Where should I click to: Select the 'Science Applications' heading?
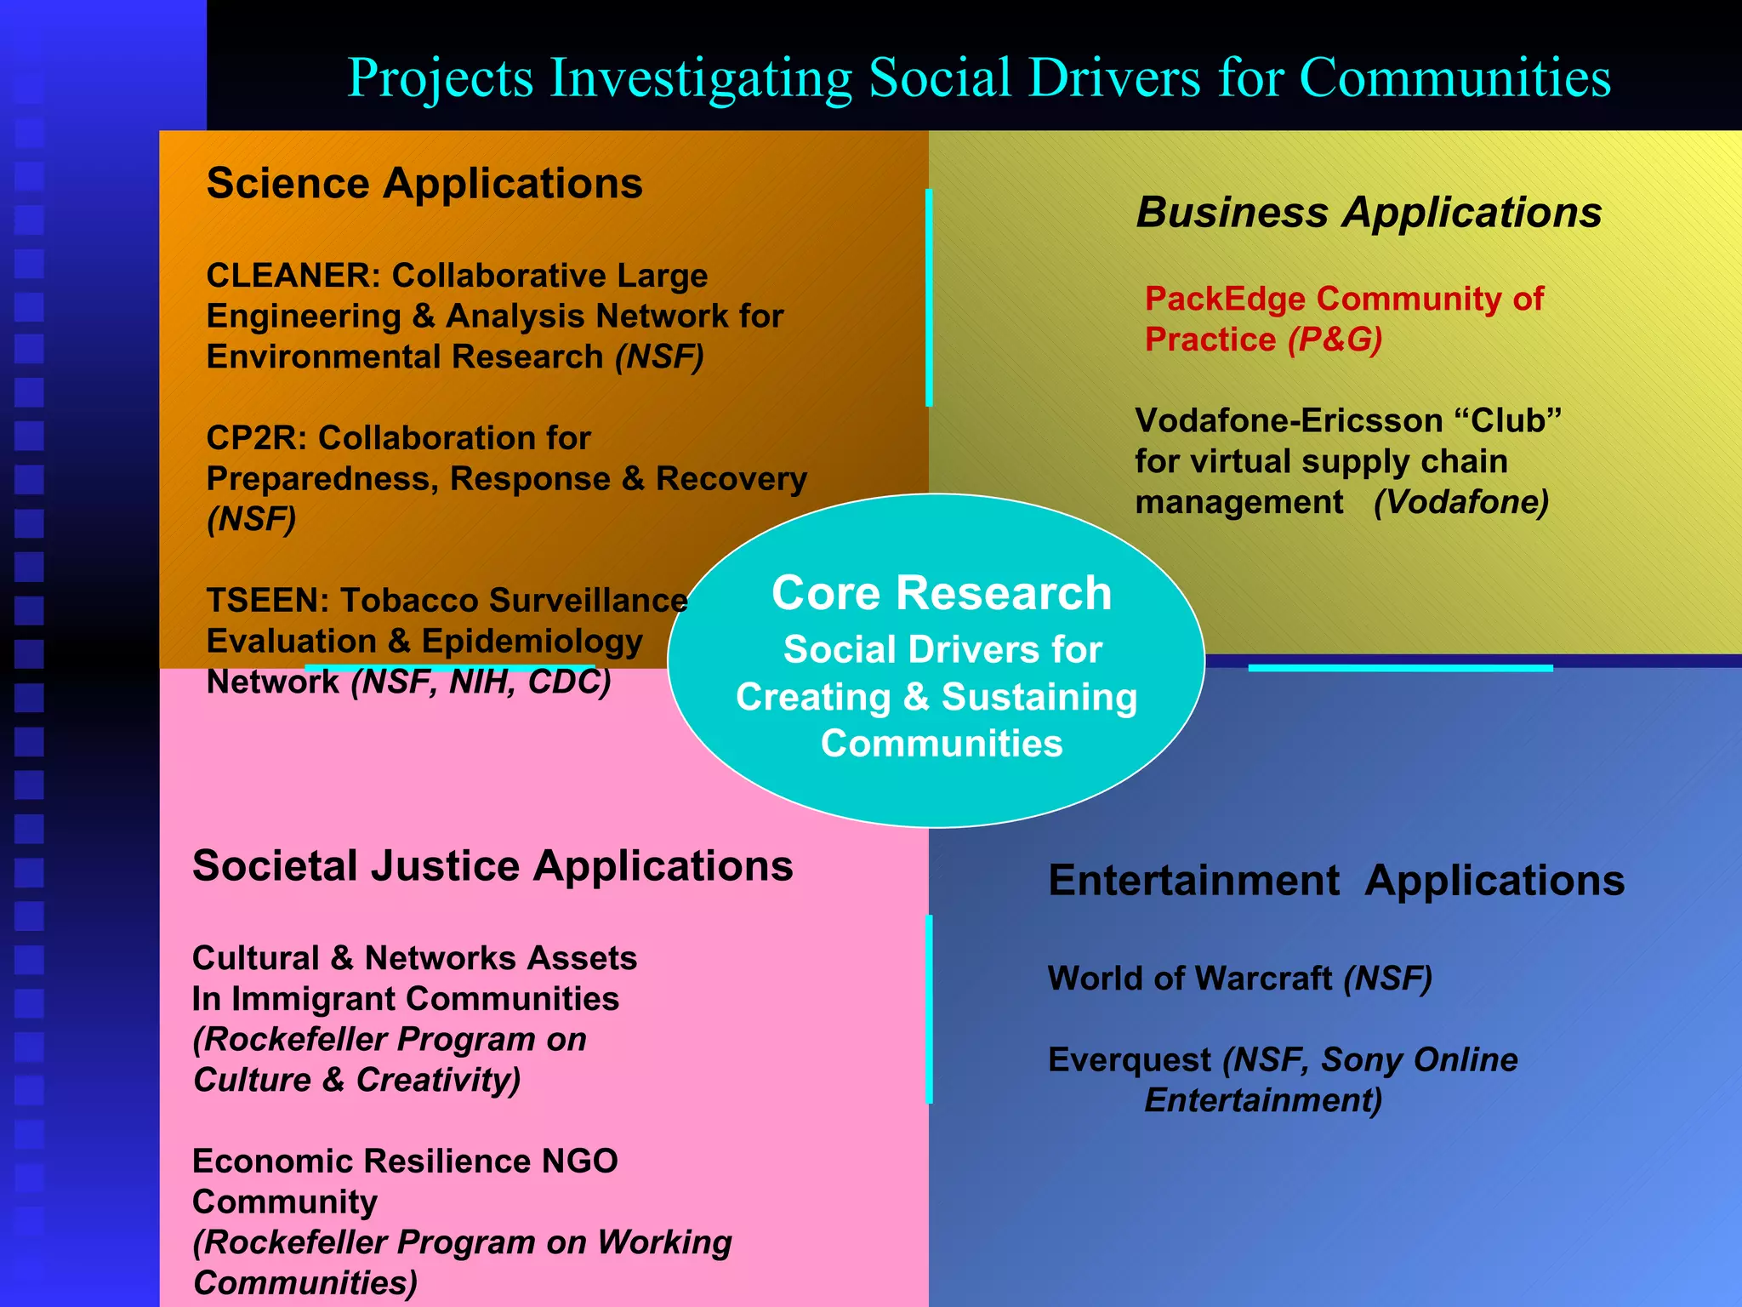coord(424,184)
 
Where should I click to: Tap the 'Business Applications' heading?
coord(1369,213)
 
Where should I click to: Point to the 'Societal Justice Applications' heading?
coord(492,866)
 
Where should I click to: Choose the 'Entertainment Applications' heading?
coord(1336,881)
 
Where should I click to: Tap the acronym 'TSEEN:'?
coord(267,601)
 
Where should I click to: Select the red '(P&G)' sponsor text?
coord(1335,340)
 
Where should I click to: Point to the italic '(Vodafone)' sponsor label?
coord(1460,502)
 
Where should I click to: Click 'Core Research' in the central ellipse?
coord(941,593)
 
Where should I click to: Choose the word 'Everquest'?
coord(1129,1060)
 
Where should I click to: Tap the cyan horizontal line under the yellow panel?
coord(1400,669)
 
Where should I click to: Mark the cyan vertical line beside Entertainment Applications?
coord(929,1009)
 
